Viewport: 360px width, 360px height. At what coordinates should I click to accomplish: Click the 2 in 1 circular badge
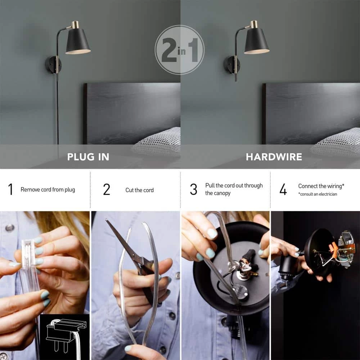[180, 50]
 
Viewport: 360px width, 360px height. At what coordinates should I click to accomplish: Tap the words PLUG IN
[88, 157]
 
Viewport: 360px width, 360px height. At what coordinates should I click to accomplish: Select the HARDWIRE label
[274, 157]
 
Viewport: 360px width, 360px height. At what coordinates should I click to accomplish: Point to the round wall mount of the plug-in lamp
[53, 64]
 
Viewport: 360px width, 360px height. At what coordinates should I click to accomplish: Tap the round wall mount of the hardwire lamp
[232, 64]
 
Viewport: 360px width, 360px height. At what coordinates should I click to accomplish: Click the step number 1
[10, 189]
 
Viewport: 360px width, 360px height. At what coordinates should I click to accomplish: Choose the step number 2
[107, 189]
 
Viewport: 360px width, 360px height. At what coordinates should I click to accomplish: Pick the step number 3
[194, 189]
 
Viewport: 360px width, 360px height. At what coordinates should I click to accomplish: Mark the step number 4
[283, 189]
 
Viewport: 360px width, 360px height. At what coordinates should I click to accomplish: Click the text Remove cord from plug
[48, 190]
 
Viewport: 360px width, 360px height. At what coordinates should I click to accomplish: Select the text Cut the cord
[140, 190]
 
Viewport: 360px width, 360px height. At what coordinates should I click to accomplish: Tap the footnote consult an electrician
[318, 194]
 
